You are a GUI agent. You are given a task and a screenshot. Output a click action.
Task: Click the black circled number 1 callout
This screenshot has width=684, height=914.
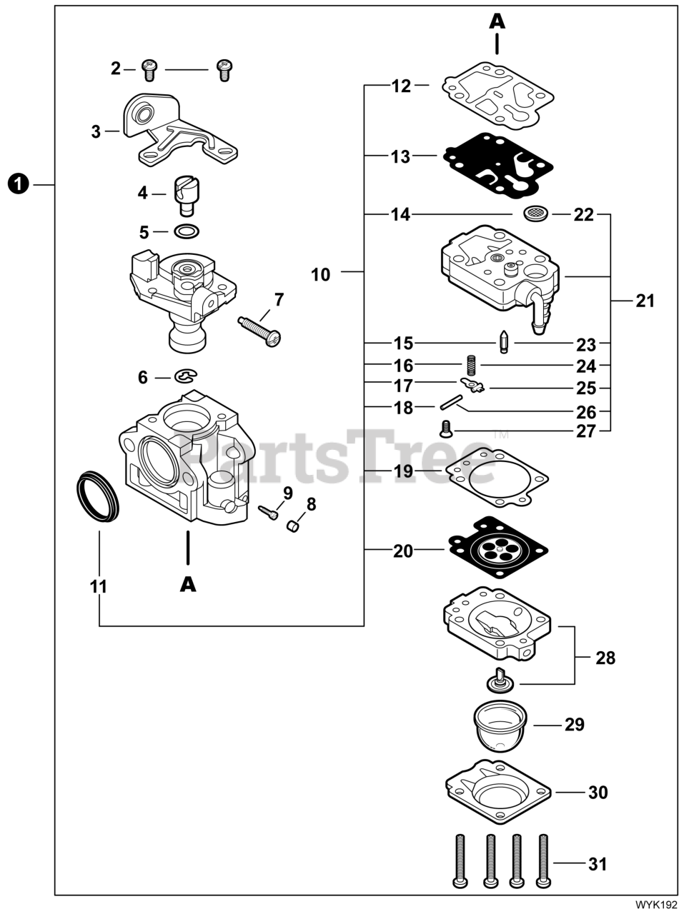[19, 184]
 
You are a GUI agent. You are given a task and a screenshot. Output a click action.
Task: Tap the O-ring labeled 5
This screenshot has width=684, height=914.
[187, 231]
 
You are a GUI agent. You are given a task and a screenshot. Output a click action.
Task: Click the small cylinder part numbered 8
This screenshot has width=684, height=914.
[292, 527]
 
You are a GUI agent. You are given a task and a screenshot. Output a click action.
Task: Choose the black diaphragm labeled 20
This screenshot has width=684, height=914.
[497, 549]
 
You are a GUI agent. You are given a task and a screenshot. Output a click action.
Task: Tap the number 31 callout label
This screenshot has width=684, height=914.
[597, 864]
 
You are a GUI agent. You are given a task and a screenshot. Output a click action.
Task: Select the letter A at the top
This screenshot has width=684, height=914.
[497, 21]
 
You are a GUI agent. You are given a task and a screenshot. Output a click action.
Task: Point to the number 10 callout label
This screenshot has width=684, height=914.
[321, 274]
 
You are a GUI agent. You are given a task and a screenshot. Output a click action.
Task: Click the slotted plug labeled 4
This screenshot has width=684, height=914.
[187, 194]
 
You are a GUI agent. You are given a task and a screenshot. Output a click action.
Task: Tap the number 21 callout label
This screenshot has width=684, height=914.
[645, 301]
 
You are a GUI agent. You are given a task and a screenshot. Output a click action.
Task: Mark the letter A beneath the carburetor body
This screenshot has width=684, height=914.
[187, 584]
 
